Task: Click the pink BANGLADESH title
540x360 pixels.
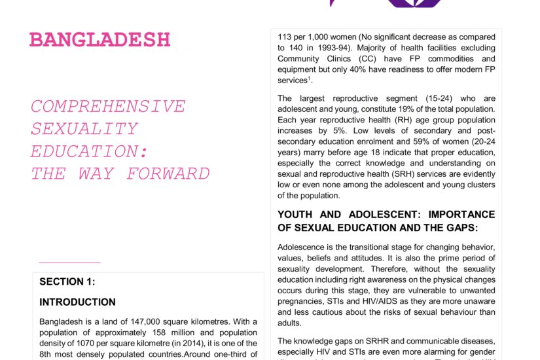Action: pyautogui.click(x=100, y=39)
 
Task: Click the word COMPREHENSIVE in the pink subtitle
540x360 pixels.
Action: pyautogui.click(x=108, y=107)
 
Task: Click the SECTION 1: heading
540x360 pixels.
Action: pyautogui.click(x=67, y=281)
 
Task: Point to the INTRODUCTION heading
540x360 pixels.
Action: pyautogui.click(x=77, y=302)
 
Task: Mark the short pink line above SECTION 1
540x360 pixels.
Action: pyautogui.click(x=69, y=262)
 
